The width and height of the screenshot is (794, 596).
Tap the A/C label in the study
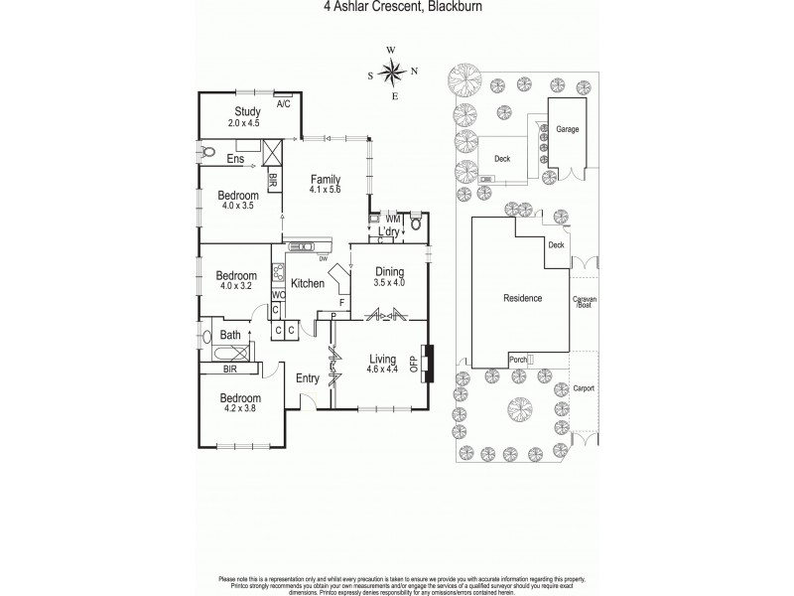[283, 103]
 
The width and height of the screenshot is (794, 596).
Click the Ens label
[235, 159]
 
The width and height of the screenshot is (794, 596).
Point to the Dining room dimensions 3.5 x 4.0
[390, 282]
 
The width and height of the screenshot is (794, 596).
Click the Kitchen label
[308, 284]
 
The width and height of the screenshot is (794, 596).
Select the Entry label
[308, 376]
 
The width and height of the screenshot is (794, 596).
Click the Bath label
[230, 335]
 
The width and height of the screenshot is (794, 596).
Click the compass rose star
[392, 71]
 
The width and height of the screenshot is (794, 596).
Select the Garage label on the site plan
[567, 129]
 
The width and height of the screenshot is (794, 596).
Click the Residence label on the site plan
[522, 298]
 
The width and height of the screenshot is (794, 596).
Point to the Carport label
[584, 388]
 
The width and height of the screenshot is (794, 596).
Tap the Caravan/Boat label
[583, 302]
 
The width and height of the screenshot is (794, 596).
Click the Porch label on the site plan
[517, 359]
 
